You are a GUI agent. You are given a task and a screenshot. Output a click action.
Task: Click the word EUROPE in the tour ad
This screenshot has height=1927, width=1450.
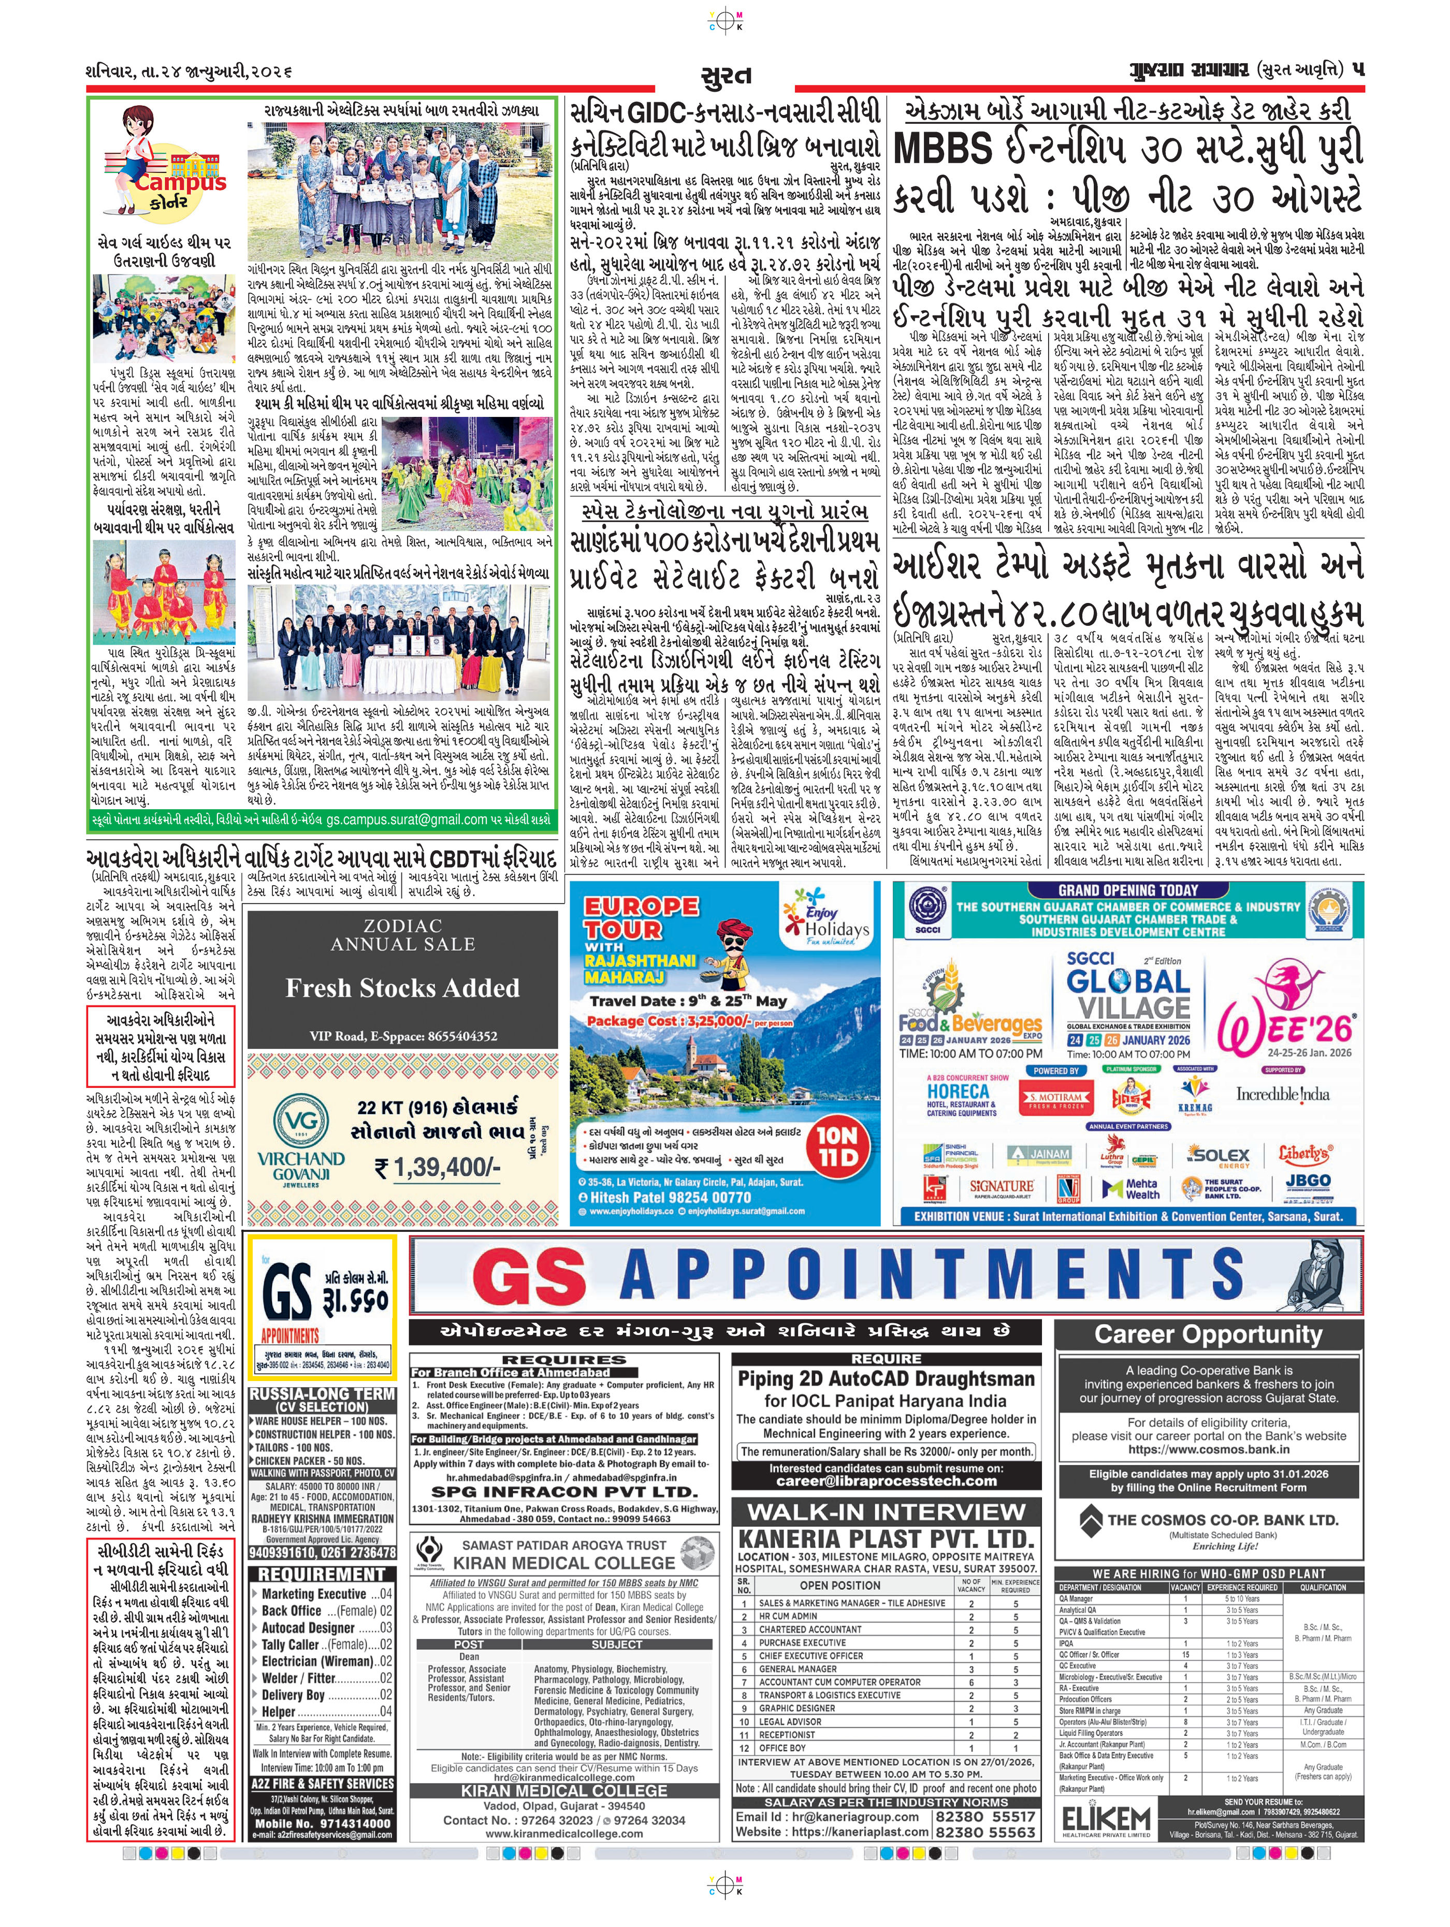(x=641, y=906)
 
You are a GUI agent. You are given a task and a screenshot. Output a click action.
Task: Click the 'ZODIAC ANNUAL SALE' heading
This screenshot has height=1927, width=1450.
(x=402, y=935)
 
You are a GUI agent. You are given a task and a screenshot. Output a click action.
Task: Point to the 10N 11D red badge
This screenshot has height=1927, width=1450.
(x=836, y=1145)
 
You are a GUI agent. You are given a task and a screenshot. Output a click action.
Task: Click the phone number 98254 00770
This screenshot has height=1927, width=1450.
(x=701, y=1197)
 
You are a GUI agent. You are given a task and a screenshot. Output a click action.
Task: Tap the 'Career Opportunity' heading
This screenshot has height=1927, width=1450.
(x=1208, y=1334)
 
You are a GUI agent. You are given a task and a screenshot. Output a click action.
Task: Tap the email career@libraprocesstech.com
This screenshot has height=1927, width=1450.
(x=887, y=1480)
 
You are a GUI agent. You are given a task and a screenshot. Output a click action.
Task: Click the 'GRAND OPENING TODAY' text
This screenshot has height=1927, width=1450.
(x=1128, y=890)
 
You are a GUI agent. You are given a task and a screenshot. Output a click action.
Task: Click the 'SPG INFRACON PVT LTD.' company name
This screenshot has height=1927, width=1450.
(x=564, y=1490)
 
